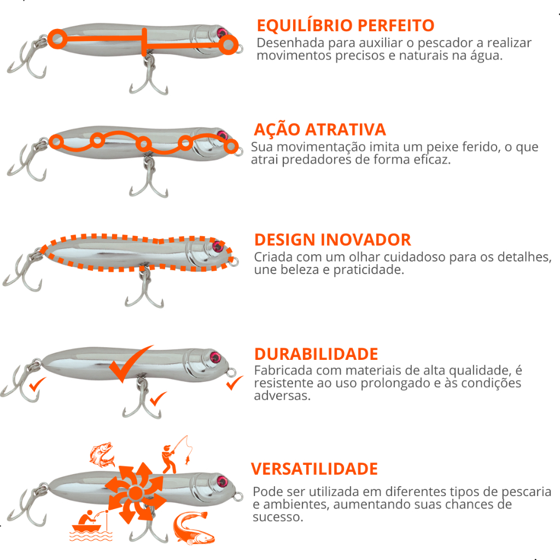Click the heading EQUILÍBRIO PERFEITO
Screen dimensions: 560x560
(x=346, y=25)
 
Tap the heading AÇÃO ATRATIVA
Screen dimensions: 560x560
(x=319, y=129)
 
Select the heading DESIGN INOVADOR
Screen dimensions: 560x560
(x=332, y=240)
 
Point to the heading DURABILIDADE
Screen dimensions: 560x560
(x=316, y=354)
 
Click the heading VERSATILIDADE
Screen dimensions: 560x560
(x=314, y=469)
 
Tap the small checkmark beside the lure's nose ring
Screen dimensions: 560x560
(x=235, y=383)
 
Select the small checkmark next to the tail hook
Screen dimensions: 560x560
(x=37, y=384)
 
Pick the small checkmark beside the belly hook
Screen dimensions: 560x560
(x=158, y=399)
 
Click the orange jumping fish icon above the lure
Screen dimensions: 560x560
(x=102, y=454)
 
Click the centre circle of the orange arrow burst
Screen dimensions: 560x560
(x=136, y=493)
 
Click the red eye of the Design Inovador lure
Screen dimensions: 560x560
(x=217, y=246)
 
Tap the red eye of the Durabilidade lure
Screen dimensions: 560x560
(x=215, y=357)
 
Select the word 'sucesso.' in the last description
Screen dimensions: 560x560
(x=278, y=517)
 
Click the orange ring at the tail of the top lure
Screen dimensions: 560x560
(x=57, y=39)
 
